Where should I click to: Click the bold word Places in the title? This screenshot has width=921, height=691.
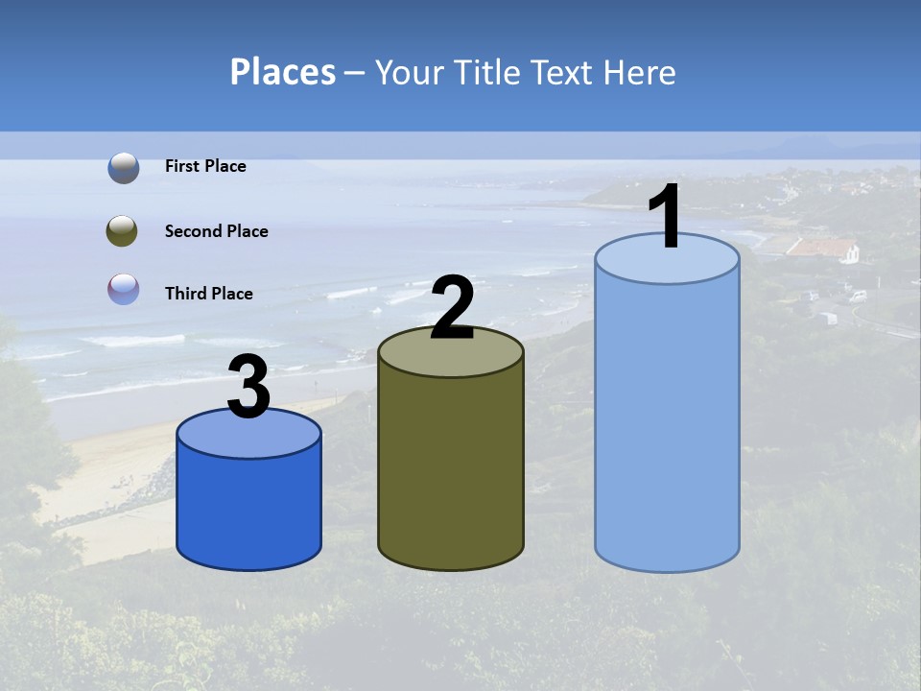(283, 72)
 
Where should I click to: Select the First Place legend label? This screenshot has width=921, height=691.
(205, 166)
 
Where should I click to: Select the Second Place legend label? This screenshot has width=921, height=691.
(216, 231)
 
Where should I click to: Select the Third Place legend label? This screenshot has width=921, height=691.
(208, 294)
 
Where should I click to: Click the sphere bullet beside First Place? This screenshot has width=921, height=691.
(124, 168)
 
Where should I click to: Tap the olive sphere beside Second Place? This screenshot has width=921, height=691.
(123, 231)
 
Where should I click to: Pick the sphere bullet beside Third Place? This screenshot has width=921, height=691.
(124, 289)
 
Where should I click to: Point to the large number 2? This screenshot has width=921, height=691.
(453, 308)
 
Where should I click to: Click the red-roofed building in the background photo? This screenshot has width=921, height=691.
(820, 249)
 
